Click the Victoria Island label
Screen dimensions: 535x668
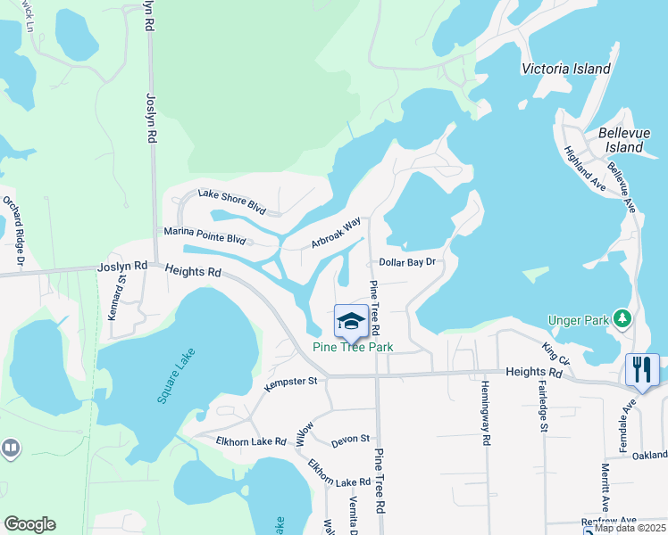566,69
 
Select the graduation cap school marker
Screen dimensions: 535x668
351,321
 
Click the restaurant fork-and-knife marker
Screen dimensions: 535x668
642,368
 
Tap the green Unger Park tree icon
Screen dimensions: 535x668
622,318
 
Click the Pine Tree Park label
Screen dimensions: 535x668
353,347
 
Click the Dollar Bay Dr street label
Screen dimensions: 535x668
406,262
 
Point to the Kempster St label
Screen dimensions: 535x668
291,382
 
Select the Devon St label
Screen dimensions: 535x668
350,439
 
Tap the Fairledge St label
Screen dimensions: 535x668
543,407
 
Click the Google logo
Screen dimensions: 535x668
29,524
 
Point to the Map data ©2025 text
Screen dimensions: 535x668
630,527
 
